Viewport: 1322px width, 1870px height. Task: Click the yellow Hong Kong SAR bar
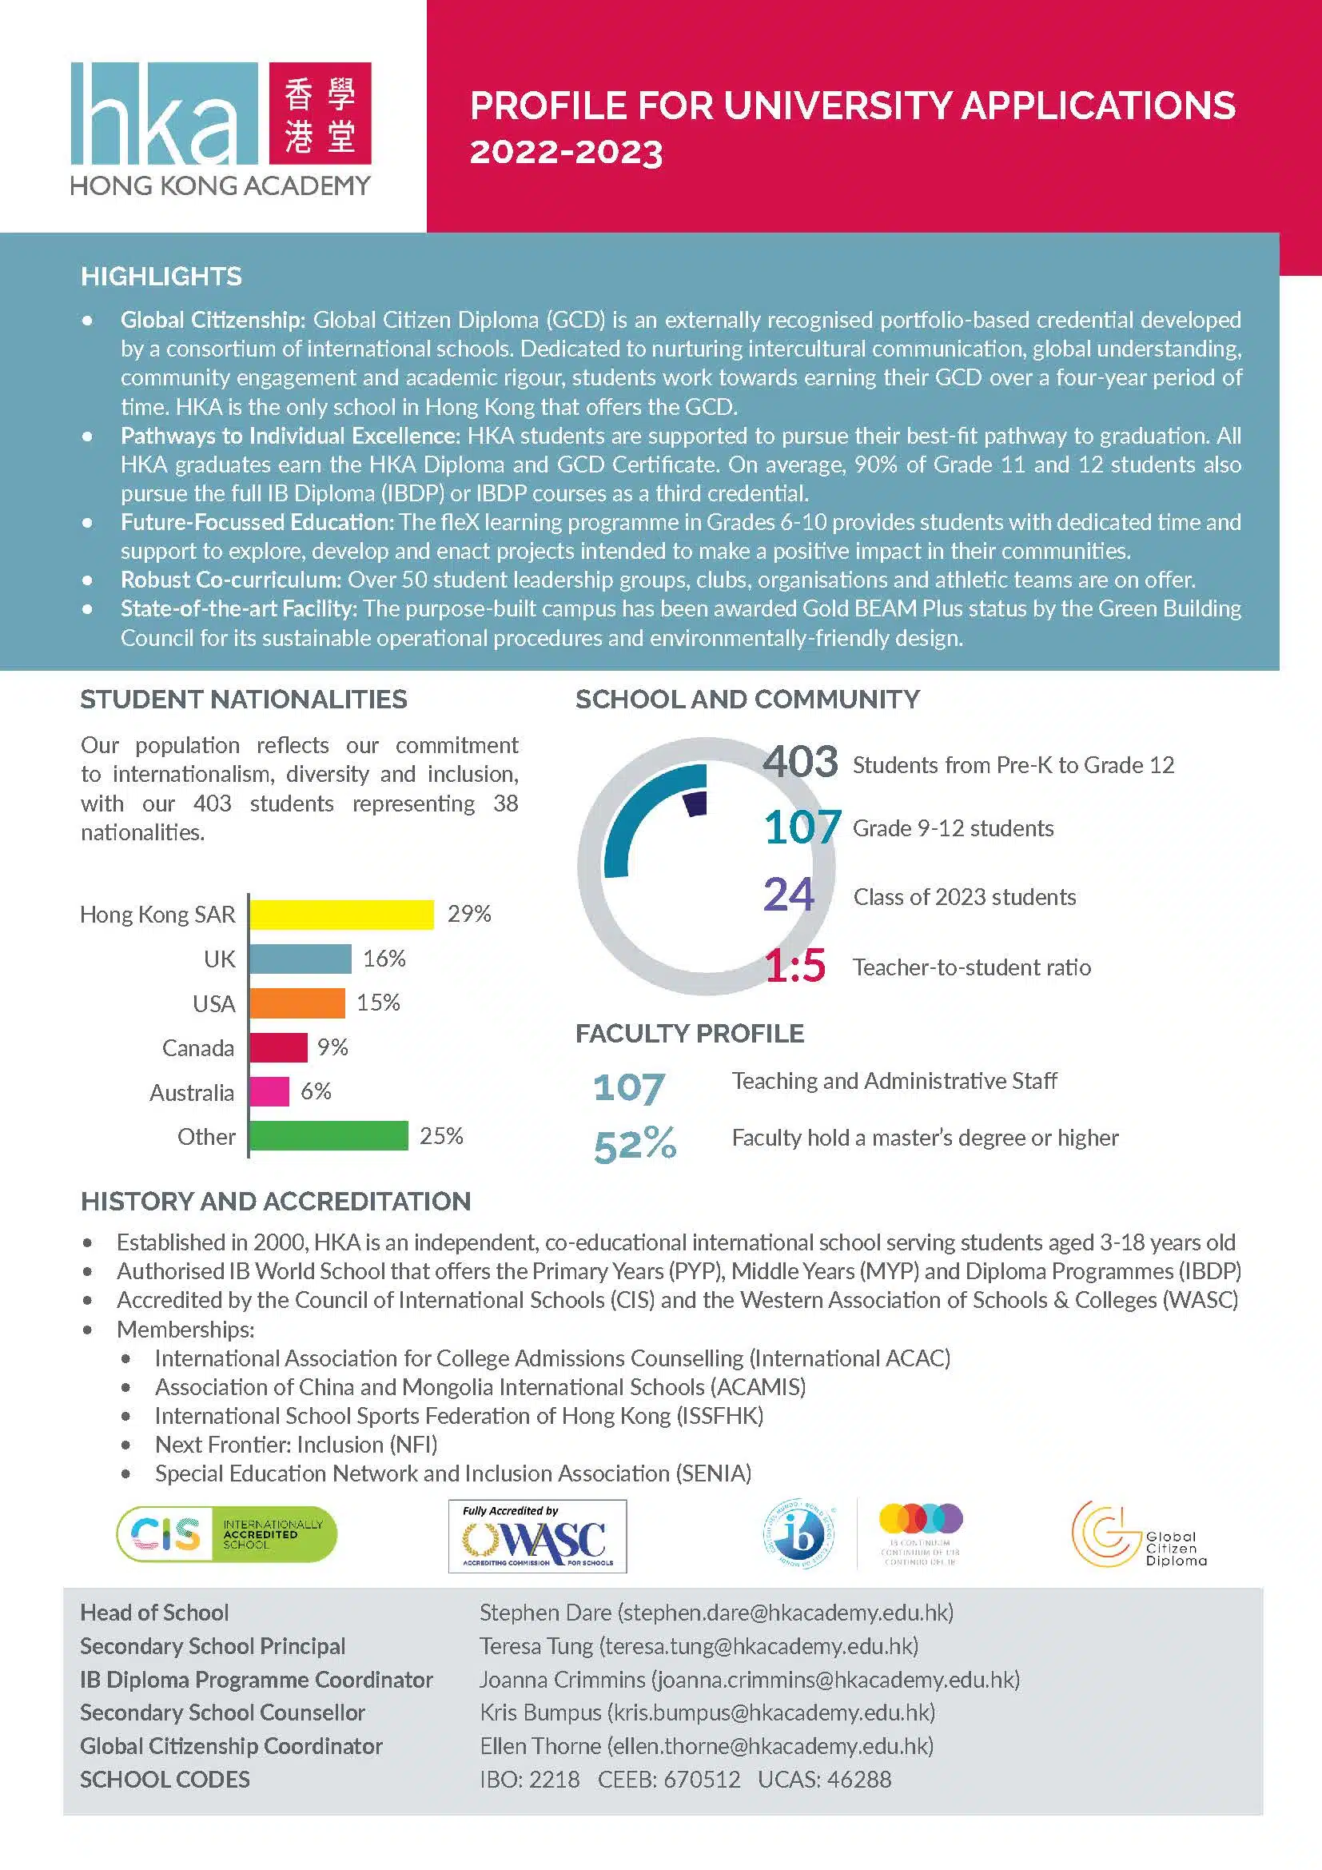341,915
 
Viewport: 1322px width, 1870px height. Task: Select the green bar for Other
328,1136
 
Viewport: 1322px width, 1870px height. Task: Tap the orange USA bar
297,1003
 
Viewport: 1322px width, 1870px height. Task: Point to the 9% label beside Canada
333,1047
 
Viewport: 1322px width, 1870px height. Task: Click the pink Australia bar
269,1091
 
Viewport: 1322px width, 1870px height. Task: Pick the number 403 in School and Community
799,763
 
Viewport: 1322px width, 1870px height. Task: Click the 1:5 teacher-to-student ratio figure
794,966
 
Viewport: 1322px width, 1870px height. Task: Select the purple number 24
788,895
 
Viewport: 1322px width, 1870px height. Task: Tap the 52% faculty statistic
635,1144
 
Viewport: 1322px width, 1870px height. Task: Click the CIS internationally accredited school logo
226,1534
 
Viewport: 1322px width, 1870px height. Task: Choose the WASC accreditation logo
537,1536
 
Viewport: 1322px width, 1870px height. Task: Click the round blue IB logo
798,1534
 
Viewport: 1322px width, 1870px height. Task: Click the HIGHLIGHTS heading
161,277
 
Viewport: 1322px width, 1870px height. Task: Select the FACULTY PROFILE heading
690,1034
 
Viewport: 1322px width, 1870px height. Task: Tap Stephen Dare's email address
786,1613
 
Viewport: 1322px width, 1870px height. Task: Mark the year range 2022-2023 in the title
567,153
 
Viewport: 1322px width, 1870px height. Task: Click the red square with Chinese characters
320,114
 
